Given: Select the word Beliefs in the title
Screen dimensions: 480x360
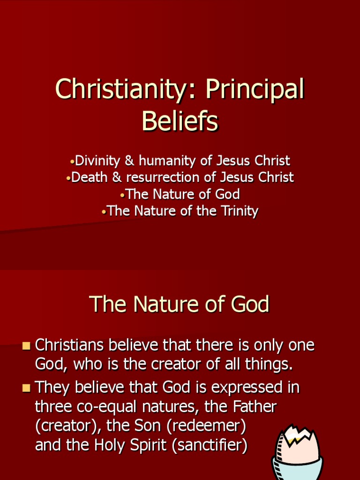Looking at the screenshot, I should click(x=180, y=121).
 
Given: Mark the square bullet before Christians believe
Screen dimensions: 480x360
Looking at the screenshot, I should click(x=26, y=346).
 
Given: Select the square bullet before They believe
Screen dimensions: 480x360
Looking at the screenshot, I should click(x=26, y=388).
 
